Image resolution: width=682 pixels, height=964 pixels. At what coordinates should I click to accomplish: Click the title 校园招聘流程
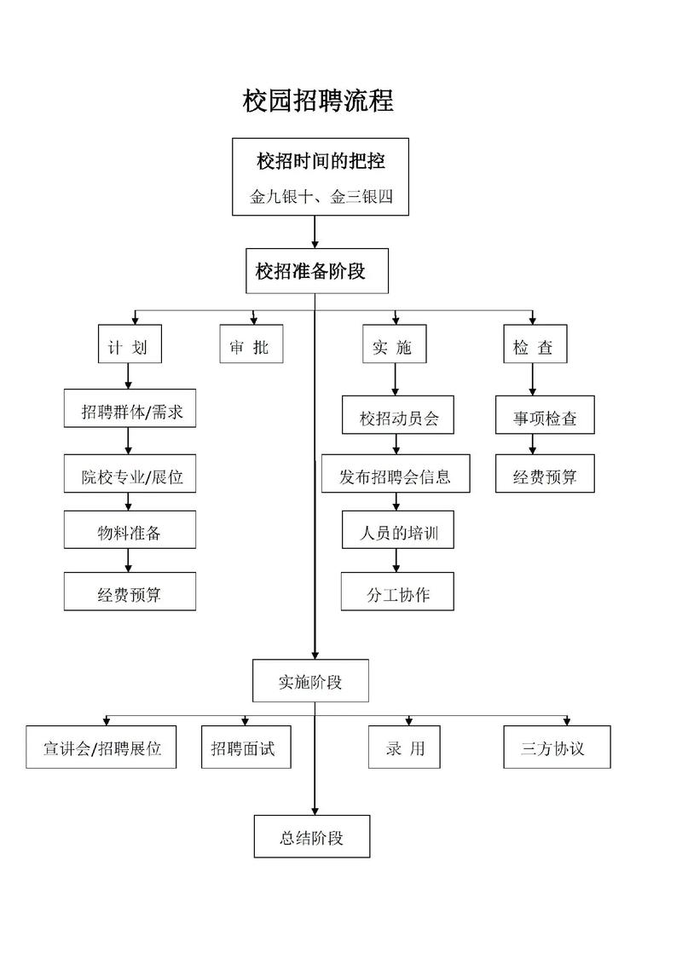318,101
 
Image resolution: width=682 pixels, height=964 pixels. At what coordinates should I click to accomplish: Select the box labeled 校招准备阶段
310,272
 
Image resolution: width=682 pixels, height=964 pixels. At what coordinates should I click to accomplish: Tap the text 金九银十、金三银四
321,198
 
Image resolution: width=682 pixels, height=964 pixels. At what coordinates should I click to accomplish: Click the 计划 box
129,347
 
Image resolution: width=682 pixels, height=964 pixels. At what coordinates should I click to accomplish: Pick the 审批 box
250,347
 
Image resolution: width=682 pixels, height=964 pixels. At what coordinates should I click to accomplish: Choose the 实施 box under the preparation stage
393,347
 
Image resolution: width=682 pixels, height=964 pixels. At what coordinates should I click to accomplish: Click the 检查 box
534,347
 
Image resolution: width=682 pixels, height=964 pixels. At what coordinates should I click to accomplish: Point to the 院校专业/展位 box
130,476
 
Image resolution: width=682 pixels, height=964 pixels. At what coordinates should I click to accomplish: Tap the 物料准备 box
130,534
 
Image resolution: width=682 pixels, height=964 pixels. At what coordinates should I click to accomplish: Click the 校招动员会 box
398,419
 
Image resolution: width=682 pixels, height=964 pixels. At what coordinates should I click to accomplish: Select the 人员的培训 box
398,534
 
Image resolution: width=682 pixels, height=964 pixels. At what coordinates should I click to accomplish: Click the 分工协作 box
398,594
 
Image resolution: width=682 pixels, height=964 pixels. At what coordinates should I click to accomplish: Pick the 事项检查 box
545,419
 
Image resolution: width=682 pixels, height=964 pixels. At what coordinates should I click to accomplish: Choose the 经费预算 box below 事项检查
545,476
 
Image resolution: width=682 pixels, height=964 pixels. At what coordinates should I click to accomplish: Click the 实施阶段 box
310,682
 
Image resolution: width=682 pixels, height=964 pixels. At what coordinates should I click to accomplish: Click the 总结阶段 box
311,837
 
